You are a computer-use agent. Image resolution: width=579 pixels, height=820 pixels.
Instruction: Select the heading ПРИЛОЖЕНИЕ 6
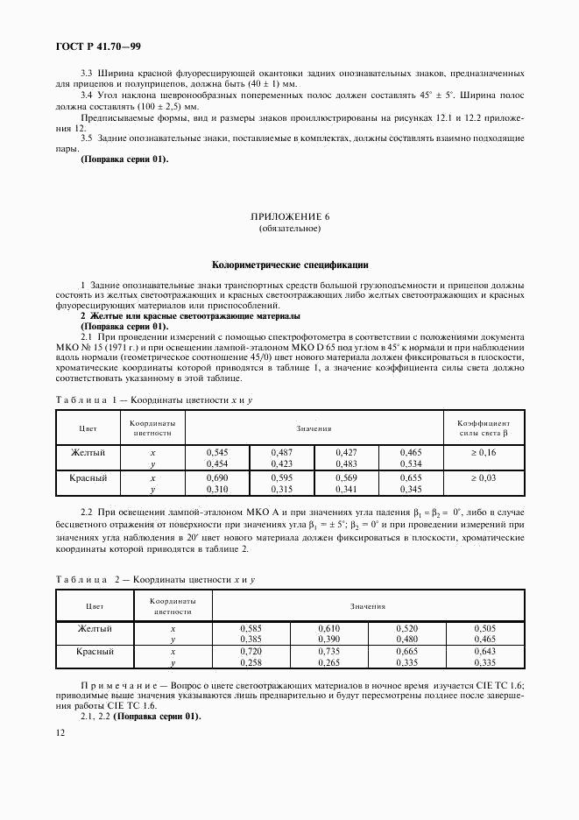click(289, 216)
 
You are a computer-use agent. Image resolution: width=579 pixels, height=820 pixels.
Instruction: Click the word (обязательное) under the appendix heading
click(289, 229)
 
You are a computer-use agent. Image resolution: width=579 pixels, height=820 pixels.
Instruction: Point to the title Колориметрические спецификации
click(290, 263)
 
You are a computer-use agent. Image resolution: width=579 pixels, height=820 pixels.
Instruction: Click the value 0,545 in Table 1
click(216, 452)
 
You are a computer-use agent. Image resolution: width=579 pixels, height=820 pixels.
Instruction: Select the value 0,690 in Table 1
click(216, 478)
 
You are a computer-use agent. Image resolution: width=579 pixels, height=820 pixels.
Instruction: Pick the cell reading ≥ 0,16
click(484, 452)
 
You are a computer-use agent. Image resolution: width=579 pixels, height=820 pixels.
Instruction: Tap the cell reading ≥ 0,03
click(484, 478)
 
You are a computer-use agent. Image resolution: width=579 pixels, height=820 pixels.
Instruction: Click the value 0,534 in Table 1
click(410, 464)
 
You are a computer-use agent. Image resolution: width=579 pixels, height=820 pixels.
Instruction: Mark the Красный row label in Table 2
click(95, 652)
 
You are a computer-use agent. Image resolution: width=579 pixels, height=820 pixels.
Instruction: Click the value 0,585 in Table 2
click(251, 629)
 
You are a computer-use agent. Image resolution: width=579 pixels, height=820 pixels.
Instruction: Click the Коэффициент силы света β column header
click(484, 428)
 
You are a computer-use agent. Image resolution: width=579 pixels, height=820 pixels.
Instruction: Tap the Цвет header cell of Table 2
click(95, 605)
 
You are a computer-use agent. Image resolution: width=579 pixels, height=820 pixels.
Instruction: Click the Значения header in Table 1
click(314, 428)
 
